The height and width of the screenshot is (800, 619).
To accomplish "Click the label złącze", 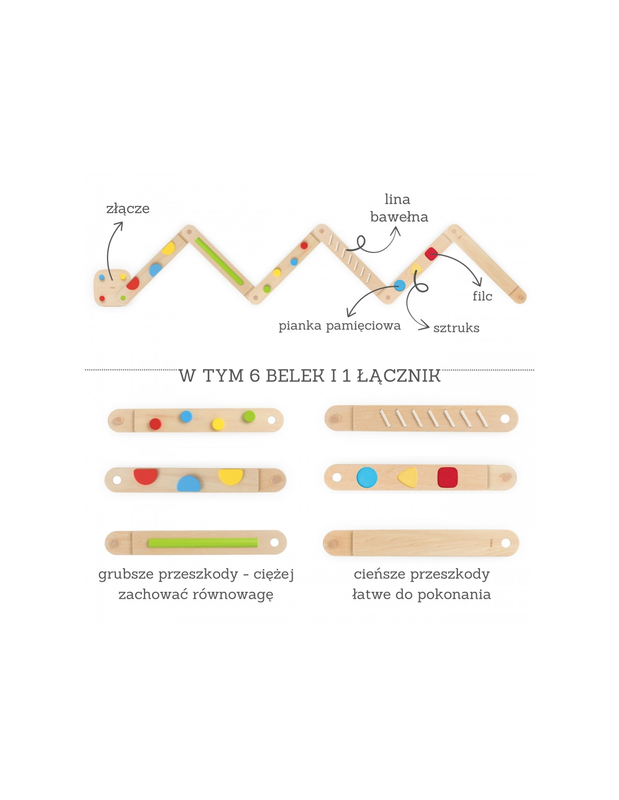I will [128, 209].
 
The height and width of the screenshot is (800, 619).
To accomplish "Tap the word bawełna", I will [399, 217].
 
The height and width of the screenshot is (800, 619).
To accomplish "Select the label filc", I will [482, 296].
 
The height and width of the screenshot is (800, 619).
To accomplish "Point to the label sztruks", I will [456, 328].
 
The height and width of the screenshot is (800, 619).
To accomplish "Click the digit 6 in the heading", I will [254, 376].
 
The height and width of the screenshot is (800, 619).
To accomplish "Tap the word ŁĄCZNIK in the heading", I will [399, 376].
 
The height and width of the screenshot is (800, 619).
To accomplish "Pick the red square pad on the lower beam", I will [447, 477].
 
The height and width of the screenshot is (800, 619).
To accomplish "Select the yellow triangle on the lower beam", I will [408, 478].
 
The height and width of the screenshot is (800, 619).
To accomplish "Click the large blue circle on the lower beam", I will [367, 477].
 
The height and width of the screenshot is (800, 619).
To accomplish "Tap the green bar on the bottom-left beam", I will [203, 542].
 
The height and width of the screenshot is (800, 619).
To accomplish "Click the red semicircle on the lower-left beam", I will [146, 476].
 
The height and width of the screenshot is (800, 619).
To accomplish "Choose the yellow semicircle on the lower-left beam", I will [231, 476].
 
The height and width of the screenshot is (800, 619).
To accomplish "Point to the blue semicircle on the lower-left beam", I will [189, 484].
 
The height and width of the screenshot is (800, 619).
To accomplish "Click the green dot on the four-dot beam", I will [249, 416].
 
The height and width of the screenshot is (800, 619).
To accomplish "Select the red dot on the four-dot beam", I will [155, 424].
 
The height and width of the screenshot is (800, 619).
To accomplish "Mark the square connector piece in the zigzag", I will [111, 287].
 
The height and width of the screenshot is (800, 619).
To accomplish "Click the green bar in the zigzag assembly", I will [219, 262].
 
